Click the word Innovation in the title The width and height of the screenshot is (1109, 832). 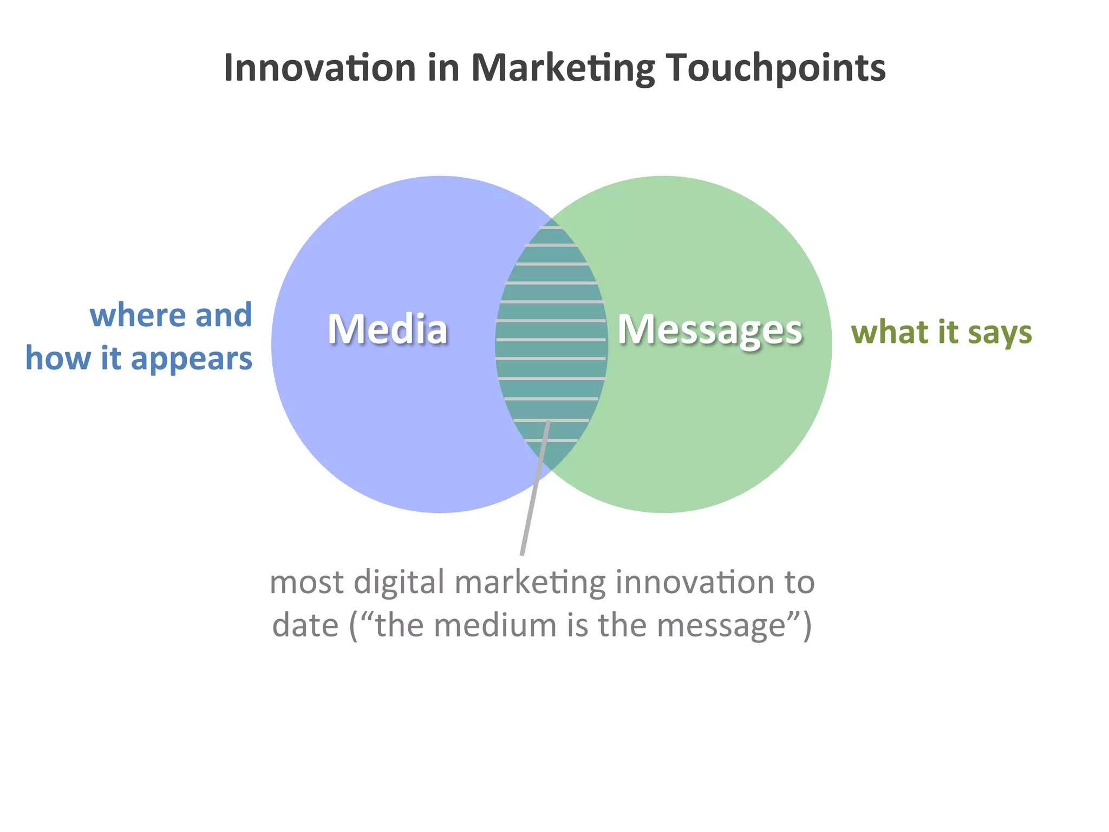point(319,68)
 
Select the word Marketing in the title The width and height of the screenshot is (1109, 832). point(563,69)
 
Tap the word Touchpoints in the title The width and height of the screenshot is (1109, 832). point(775,69)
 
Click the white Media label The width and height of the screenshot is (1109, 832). point(388,329)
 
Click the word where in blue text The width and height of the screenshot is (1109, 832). point(138,315)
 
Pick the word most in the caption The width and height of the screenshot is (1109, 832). point(306,583)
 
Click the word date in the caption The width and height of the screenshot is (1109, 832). point(305,626)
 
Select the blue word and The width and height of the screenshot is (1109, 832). point(223,315)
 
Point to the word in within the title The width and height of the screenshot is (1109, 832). point(443,68)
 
